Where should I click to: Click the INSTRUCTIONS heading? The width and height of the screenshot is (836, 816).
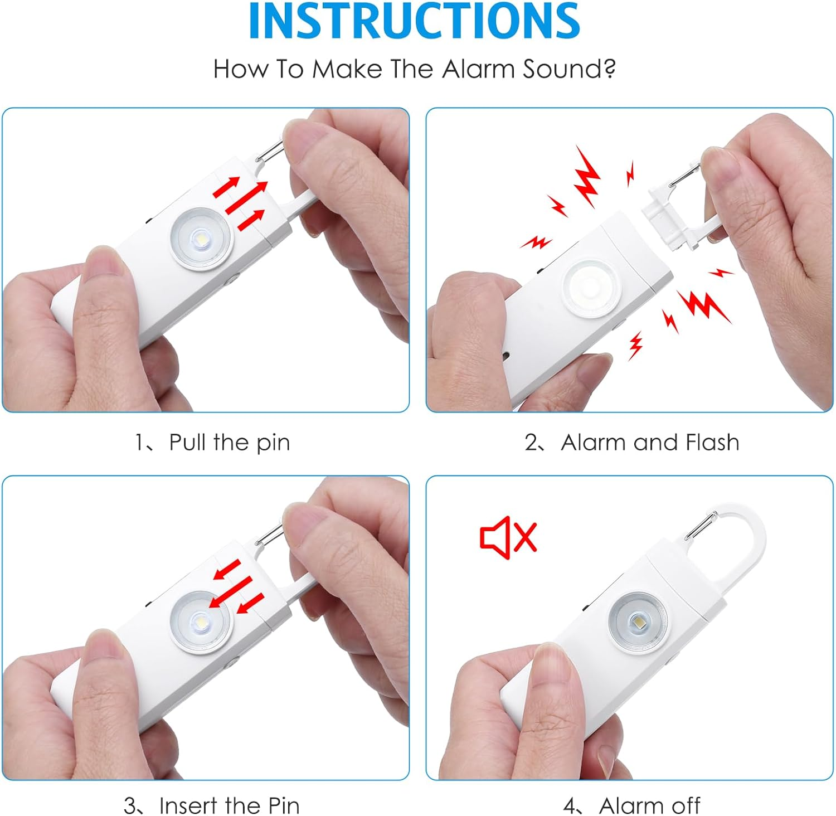414,21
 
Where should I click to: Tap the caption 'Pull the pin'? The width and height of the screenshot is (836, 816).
229,443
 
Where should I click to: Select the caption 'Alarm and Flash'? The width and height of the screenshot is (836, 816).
650,443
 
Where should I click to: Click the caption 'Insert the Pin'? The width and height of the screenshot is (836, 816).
229,805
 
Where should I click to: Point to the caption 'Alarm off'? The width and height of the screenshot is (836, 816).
649,805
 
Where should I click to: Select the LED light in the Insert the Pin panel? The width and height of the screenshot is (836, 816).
201,621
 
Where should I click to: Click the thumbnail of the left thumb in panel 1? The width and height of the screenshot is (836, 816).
103,262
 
